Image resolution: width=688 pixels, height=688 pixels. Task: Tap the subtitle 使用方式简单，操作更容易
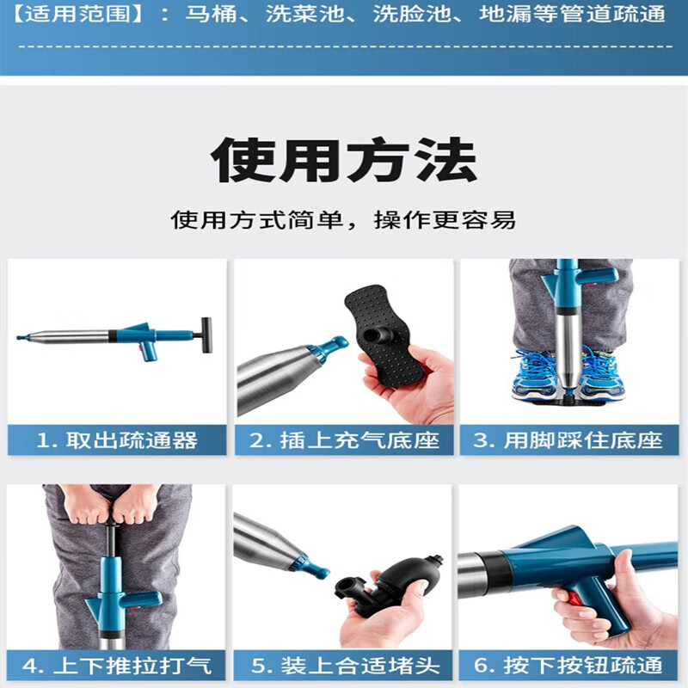[x=344, y=219]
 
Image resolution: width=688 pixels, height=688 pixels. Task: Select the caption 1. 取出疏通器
[x=117, y=441]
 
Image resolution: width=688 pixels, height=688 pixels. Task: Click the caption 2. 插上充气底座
[x=344, y=441]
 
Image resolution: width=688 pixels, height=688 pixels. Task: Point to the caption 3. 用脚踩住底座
[x=569, y=441]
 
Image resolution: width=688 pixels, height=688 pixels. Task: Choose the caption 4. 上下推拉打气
[x=117, y=665]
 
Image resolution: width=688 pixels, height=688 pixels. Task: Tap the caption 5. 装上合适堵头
[x=344, y=665]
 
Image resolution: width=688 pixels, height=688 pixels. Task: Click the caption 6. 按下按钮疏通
[x=569, y=665]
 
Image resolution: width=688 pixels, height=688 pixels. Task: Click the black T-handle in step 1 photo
[x=206, y=330]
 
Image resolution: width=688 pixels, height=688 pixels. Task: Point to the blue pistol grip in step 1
[x=148, y=350]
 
